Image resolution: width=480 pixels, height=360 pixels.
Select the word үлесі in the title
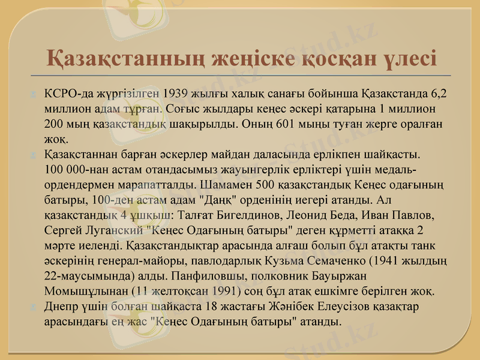coord(406,59)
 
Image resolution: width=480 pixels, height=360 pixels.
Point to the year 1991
coord(224,292)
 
